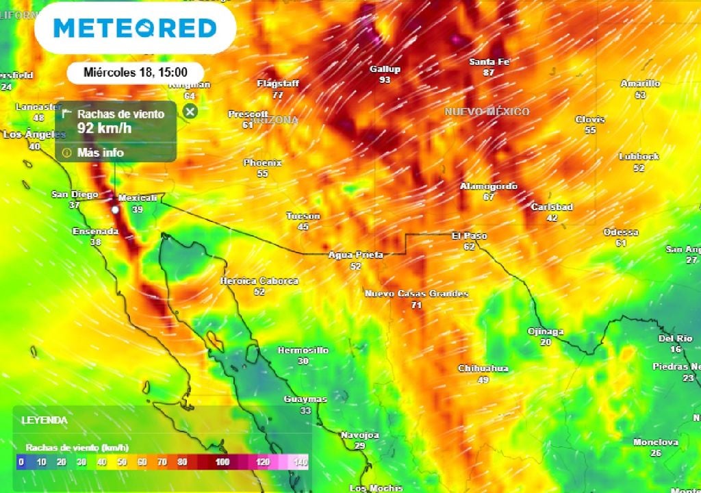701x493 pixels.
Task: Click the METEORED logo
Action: coord(135,28)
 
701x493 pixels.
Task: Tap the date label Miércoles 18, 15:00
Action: coord(136,72)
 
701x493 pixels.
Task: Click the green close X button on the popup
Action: coord(190,111)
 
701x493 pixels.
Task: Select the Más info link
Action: coord(100,152)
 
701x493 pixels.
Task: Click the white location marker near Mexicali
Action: coord(115,210)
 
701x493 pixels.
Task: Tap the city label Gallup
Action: coord(385,69)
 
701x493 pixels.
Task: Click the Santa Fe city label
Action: coord(489,62)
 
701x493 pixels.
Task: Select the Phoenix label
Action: coord(263,163)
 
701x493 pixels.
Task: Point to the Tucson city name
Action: coord(303,216)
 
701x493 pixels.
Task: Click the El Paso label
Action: coord(469,236)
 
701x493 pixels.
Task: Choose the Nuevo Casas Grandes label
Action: coord(416,294)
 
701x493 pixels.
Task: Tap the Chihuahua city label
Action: coord(483,368)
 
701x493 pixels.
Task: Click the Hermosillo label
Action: coord(303,351)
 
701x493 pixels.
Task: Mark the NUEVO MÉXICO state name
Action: coord(487,112)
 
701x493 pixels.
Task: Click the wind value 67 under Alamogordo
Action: coord(488,197)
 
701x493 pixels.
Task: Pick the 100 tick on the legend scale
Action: coord(222,462)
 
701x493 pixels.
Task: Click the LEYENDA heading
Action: coord(44,420)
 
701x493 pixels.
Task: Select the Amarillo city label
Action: coord(640,84)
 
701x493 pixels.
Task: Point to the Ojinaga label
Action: coord(546,331)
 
